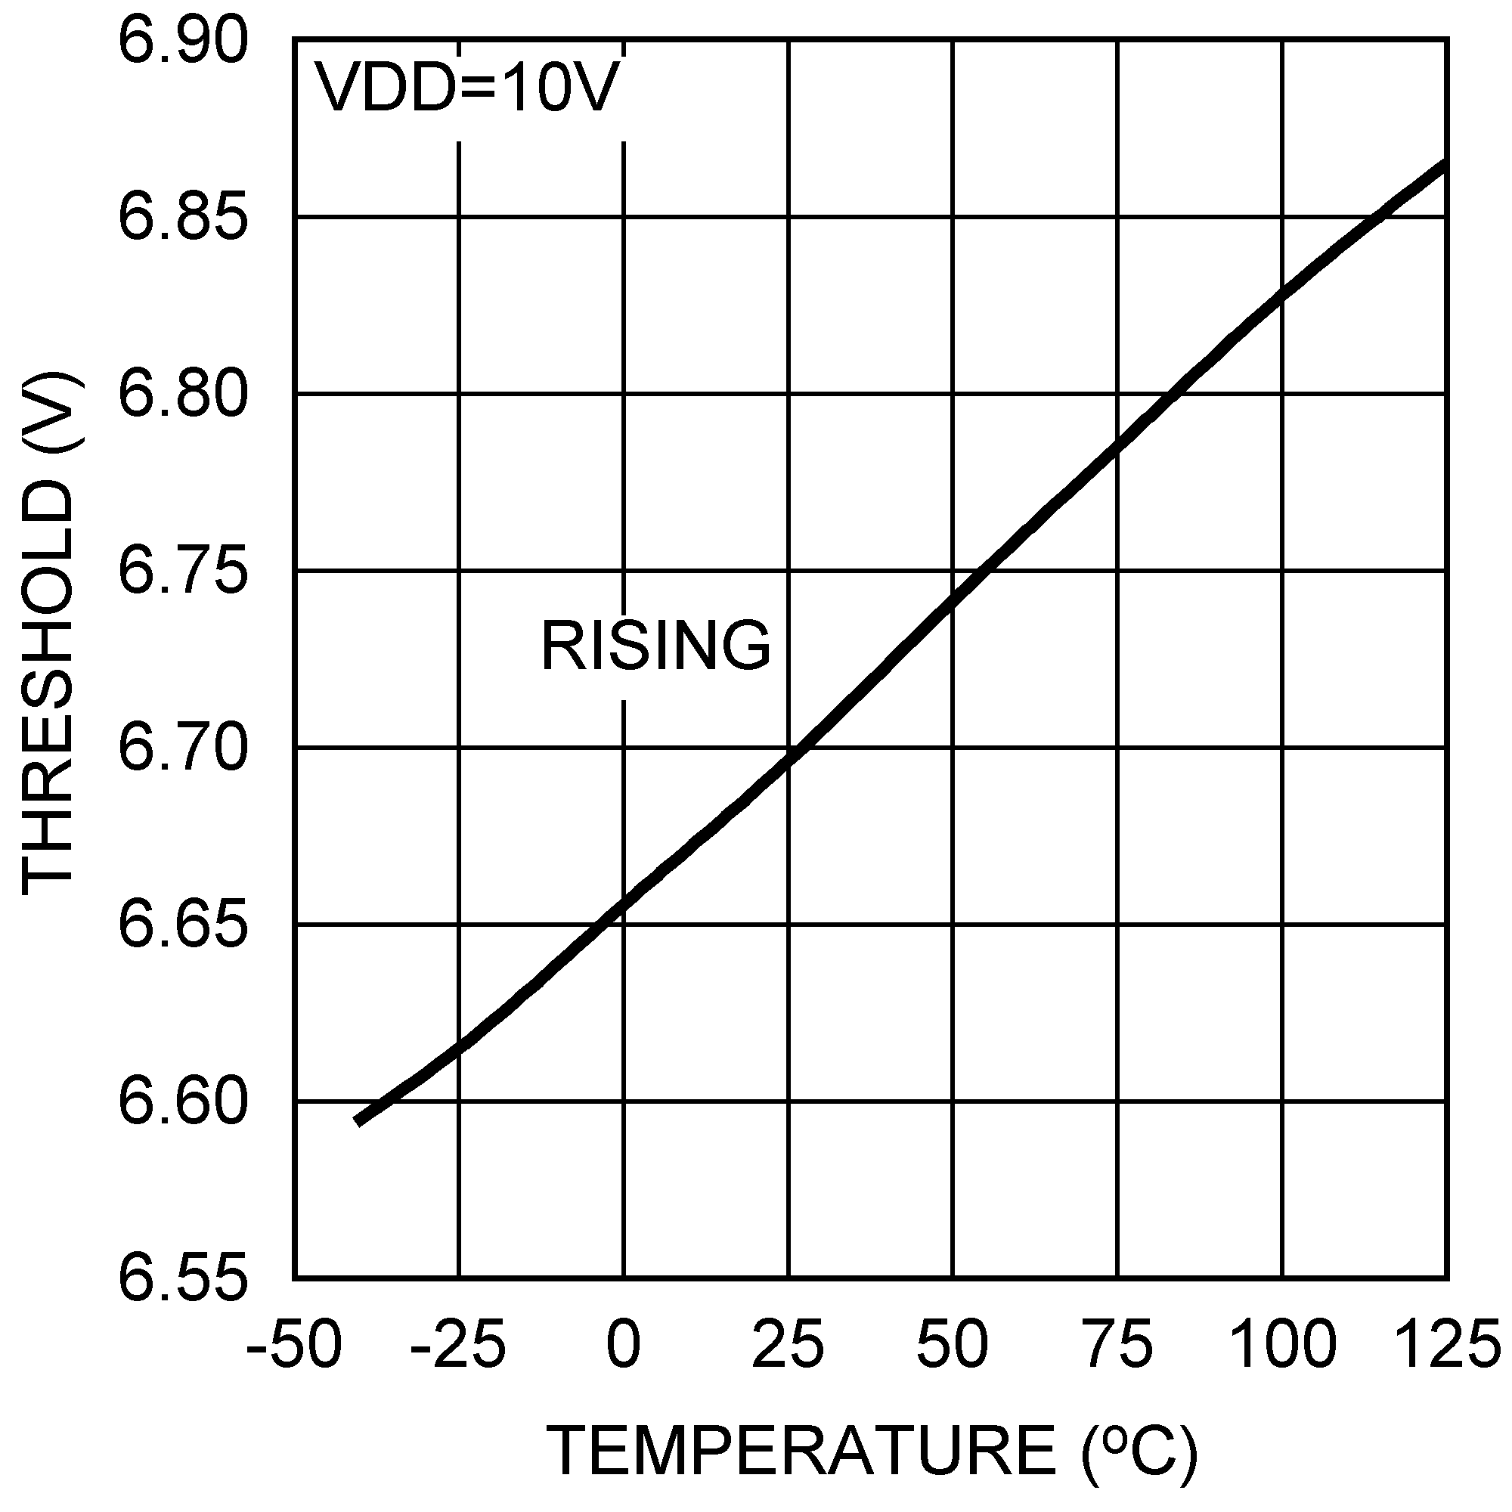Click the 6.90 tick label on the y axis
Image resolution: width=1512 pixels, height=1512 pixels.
pos(182,41)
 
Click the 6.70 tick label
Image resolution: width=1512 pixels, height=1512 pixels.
pos(182,748)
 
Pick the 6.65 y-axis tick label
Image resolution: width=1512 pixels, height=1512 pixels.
pos(182,925)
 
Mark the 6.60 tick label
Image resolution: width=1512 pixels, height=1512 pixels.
pos(182,1102)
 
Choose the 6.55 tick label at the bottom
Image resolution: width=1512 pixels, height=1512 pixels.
pos(182,1279)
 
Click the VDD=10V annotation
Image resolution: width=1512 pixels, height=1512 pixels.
pos(466,88)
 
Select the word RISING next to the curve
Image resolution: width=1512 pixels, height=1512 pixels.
pos(655,646)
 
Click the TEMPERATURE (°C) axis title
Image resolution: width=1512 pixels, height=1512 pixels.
pos(872,1450)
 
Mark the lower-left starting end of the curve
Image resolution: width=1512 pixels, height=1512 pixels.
pos(358,1121)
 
